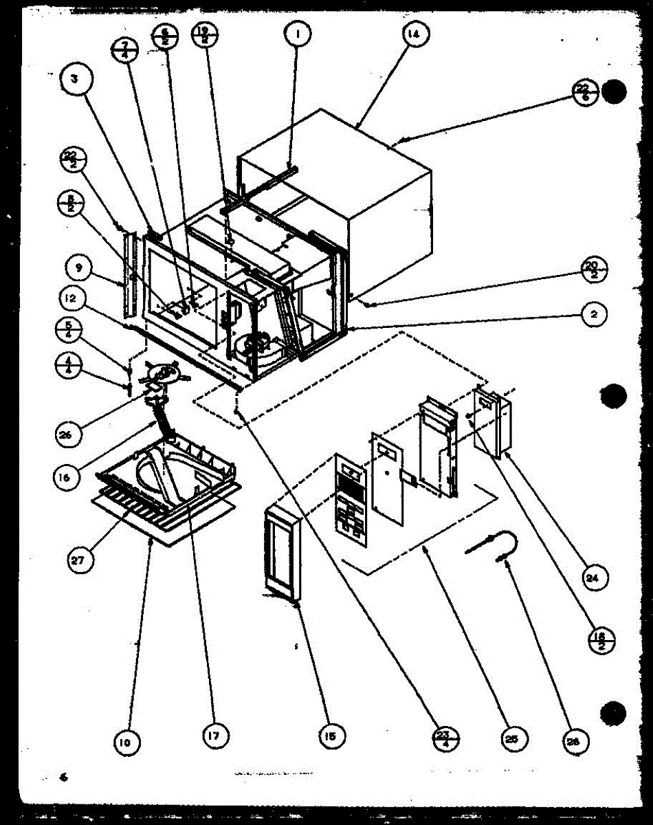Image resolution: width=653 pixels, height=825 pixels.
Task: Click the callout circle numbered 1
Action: click(300, 32)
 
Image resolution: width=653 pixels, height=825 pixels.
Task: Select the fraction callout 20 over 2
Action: click(593, 268)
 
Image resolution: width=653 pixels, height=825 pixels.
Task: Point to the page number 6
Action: click(64, 778)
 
